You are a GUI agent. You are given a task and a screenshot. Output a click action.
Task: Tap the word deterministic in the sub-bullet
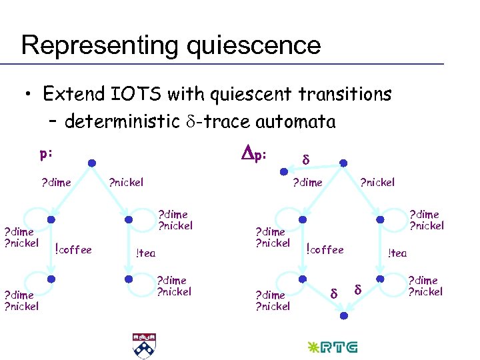tap(123, 122)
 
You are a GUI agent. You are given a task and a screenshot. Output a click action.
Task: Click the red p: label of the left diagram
tap(46, 153)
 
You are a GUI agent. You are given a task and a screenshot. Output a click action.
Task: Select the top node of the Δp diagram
tap(342, 163)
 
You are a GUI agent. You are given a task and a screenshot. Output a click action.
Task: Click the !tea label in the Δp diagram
tap(397, 253)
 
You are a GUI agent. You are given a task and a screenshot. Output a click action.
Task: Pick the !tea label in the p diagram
tap(145, 253)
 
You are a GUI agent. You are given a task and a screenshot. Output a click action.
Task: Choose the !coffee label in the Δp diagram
tap(325, 250)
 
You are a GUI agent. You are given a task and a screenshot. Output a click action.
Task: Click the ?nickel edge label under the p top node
tap(126, 182)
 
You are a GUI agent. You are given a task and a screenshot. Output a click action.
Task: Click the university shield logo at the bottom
tap(142, 345)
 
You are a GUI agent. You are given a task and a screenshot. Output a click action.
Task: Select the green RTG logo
tap(332, 347)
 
